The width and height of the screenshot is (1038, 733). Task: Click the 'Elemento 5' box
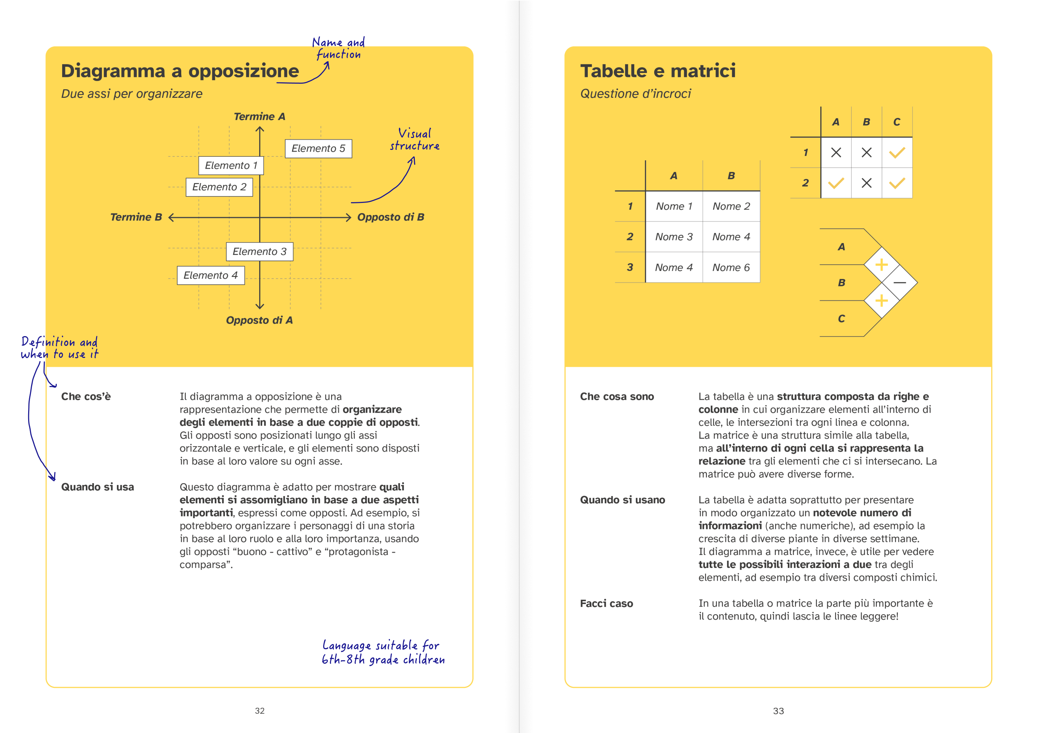click(x=318, y=149)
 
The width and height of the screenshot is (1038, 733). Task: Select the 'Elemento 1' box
click(x=231, y=165)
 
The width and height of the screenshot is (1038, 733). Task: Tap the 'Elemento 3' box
click(x=260, y=251)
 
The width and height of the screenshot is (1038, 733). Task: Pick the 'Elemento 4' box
click(x=211, y=276)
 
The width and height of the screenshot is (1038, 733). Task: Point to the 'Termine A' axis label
click(x=260, y=117)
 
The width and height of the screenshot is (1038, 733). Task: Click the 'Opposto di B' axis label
click(x=391, y=217)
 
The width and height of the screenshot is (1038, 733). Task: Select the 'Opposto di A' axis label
click(x=260, y=321)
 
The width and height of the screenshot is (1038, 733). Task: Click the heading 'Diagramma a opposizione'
click(x=180, y=71)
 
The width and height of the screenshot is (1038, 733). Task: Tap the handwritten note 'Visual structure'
click(x=414, y=140)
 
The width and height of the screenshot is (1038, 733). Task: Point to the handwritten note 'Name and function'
click(x=339, y=48)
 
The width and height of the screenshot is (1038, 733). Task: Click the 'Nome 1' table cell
click(x=674, y=206)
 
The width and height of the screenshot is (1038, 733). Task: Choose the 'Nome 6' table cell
click(x=731, y=268)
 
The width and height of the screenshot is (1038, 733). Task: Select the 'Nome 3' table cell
click(x=674, y=237)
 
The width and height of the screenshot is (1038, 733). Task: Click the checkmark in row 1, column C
click(x=897, y=153)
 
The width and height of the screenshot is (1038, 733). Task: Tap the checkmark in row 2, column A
click(x=836, y=183)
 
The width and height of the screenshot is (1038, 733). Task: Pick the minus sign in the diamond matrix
click(x=900, y=283)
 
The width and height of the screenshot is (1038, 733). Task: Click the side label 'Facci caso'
click(x=606, y=604)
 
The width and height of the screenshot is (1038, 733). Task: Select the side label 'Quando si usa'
click(x=97, y=487)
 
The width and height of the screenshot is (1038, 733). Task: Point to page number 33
click(x=778, y=711)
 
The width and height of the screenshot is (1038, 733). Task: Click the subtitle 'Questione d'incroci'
click(x=635, y=94)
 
